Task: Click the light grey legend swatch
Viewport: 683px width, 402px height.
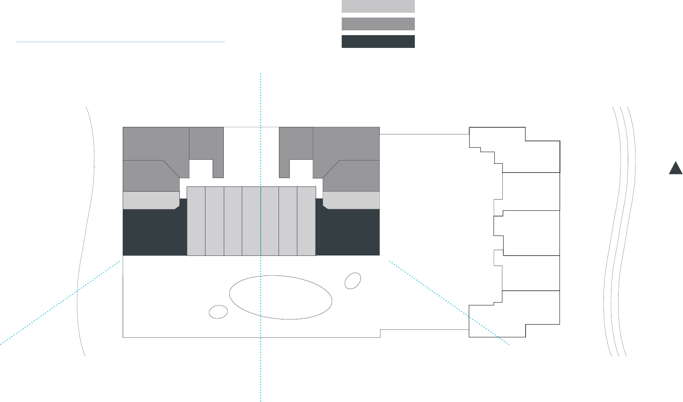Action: (378, 6)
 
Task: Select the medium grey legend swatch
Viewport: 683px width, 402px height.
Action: (378, 24)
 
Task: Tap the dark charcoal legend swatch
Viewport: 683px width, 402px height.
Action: (378, 42)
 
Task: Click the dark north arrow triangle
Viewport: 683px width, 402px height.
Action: (675, 169)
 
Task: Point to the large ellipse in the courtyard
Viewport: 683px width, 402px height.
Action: (281, 297)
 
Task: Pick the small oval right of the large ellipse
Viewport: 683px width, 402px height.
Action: (352, 281)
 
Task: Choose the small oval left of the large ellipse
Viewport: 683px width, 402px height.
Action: (218, 312)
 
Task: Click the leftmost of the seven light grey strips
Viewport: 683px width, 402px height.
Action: (196, 221)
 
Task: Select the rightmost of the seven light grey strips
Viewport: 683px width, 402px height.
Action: (307, 221)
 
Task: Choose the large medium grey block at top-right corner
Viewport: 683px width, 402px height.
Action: (346, 144)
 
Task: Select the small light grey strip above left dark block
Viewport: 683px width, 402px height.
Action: (151, 200)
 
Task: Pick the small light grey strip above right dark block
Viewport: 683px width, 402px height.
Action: (351, 200)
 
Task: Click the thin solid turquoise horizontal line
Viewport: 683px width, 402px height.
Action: (120, 42)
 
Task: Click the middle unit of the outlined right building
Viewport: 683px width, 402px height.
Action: (531, 233)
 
